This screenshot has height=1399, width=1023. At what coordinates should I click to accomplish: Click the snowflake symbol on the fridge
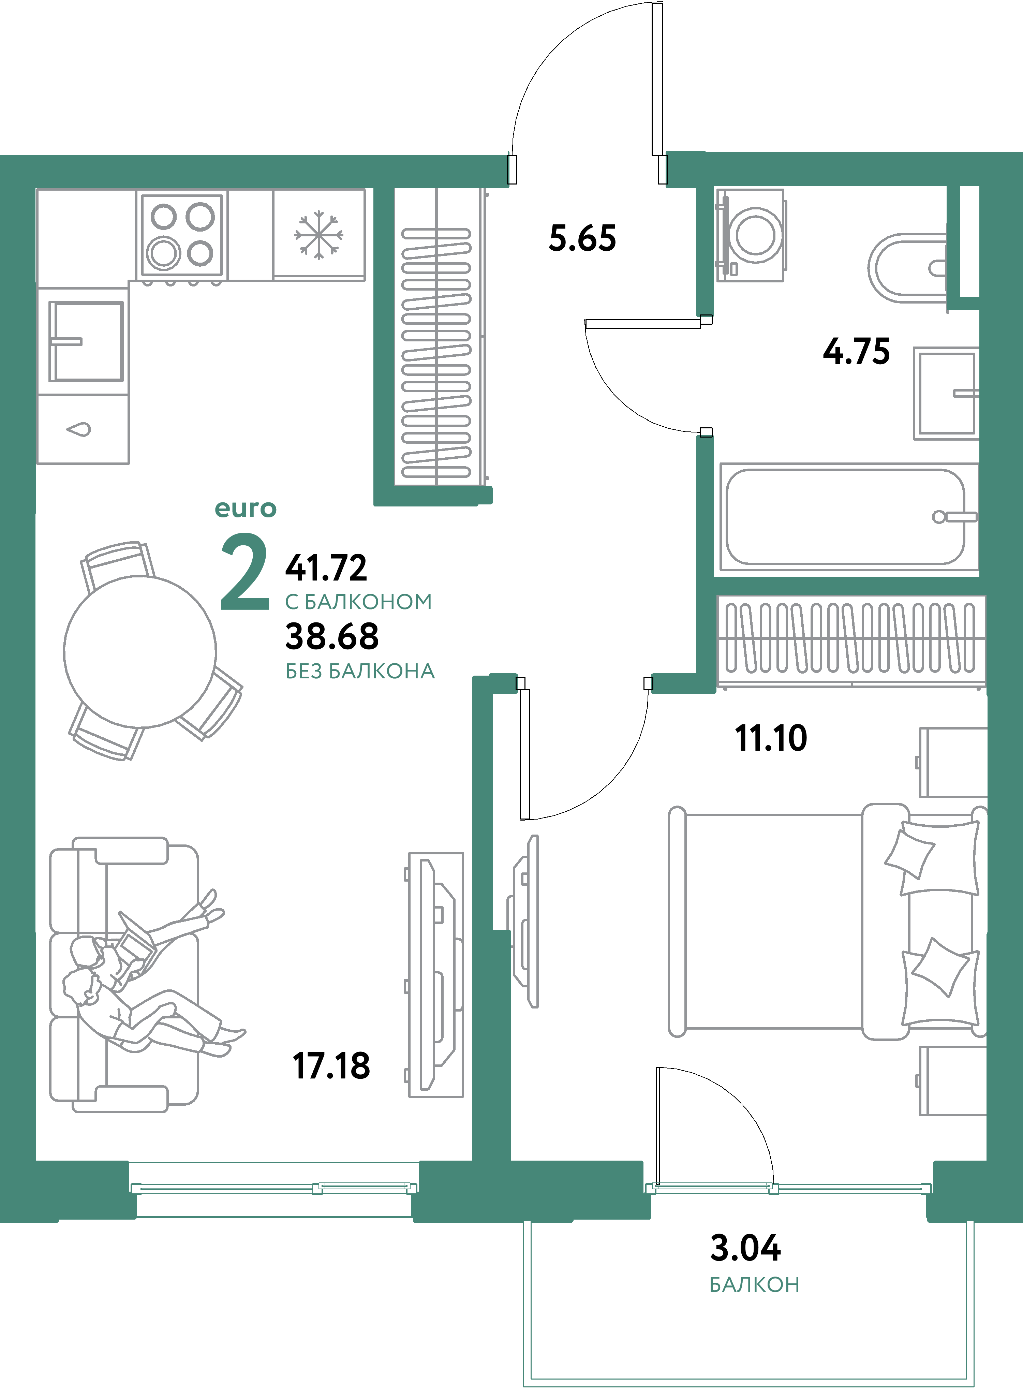coord(318,235)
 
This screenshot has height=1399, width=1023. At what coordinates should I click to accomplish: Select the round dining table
coord(140,651)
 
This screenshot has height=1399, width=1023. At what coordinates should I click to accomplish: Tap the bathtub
coord(845,516)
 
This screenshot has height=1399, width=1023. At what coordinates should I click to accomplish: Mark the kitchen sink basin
coord(86,341)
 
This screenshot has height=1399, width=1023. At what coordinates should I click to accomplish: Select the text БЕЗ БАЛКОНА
coord(360,671)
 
